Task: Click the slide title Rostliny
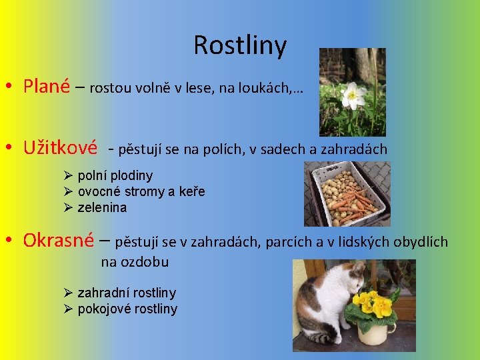240,45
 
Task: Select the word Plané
47,87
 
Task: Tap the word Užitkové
60,147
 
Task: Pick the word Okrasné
58,240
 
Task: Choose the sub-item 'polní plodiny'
115,176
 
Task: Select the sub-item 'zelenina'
102,208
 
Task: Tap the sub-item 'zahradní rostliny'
127,293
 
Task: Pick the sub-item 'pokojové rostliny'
127,309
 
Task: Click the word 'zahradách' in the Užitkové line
357,149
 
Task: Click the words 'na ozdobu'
135,262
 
